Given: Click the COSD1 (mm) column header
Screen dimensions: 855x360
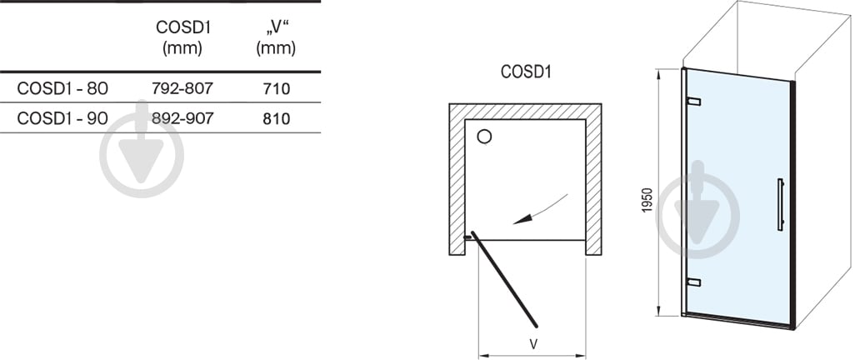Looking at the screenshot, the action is (x=182, y=37).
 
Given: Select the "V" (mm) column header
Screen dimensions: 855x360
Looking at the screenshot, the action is (x=276, y=37).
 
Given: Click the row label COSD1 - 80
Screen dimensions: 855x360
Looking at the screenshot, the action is (x=62, y=88).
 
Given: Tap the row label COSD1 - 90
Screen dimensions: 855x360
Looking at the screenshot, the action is (x=62, y=118).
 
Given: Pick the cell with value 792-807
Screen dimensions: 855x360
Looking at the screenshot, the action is (x=182, y=87).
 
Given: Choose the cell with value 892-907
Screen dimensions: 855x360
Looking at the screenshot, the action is (x=182, y=117).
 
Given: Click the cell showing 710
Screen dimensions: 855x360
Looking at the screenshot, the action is (x=276, y=88).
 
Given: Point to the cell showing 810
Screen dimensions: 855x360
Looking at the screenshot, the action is (x=276, y=118).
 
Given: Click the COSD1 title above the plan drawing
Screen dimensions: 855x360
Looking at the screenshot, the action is (x=525, y=72).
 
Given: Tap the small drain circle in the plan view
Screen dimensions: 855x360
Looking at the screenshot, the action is (x=484, y=137).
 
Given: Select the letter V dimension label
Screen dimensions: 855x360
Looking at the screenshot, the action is (x=534, y=343).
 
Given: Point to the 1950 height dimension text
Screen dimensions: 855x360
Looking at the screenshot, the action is (x=647, y=199).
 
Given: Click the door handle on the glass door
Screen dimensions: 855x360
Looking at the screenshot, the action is (x=781, y=204).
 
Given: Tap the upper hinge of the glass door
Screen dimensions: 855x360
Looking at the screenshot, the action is (x=693, y=101).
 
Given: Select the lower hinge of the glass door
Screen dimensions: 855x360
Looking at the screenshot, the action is (x=693, y=282).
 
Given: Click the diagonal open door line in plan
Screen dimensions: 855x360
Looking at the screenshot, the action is (x=504, y=279).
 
